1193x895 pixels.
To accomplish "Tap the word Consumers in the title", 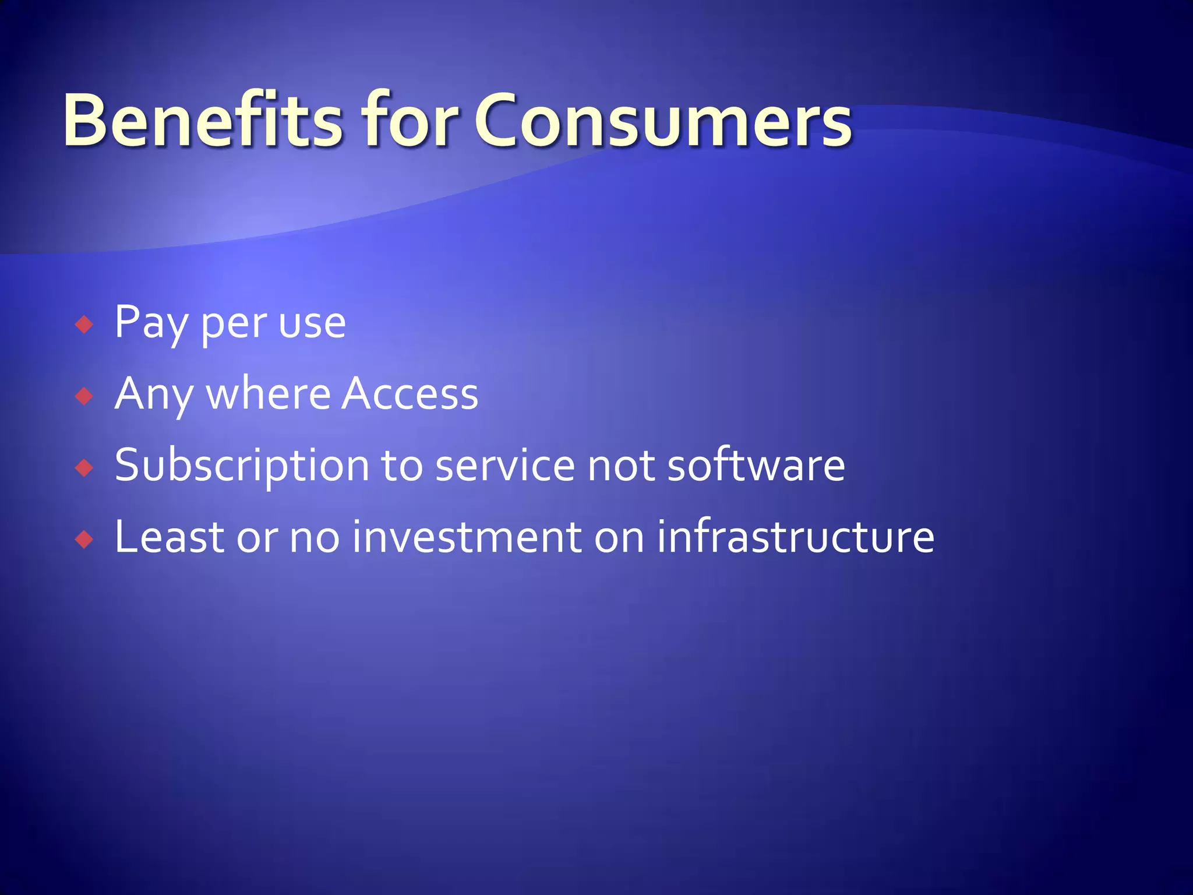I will pyautogui.click(x=663, y=121).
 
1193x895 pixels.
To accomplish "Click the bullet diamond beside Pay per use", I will pyautogui.click(x=84, y=325).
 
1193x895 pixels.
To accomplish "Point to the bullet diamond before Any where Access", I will pyautogui.click(x=84, y=397).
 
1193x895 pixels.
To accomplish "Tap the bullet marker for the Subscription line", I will pyautogui.click(x=84, y=468).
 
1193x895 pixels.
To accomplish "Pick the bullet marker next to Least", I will pyautogui.click(x=84, y=540).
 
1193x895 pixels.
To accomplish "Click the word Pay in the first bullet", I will pyautogui.click(x=150, y=323).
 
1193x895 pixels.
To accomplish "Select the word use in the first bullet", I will pyautogui.click(x=312, y=325).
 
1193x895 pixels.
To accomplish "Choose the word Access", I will pyautogui.click(x=410, y=394).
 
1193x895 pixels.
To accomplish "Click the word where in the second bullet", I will pyautogui.click(x=269, y=394).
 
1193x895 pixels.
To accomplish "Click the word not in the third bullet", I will pyautogui.click(x=621, y=467).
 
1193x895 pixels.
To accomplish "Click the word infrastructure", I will pyautogui.click(x=795, y=537).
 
